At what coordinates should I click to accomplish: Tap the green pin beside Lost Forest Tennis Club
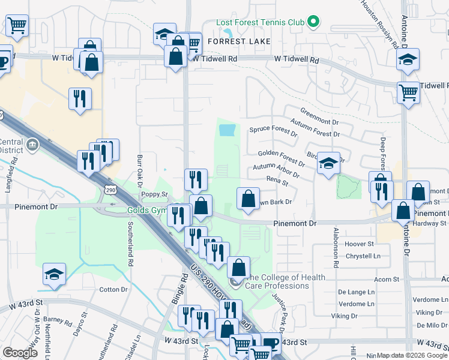tap(312, 23)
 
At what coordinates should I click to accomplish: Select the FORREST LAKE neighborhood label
tap(235, 41)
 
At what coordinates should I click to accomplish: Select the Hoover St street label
tap(360, 244)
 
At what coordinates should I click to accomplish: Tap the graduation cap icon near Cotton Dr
tap(55, 275)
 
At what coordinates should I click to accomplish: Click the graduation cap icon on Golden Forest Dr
tap(328, 163)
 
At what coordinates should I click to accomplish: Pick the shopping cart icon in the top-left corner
tap(17, 26)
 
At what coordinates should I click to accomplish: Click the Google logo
tap(20, 353)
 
